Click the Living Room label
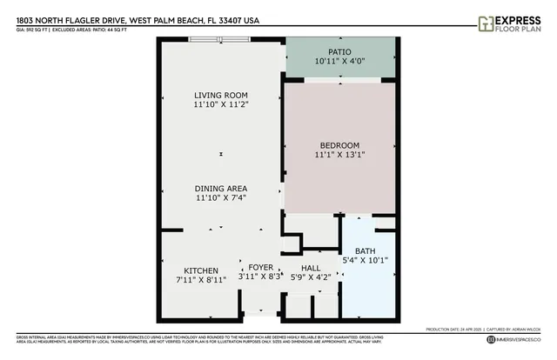click(x=221, y=95)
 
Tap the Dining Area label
click(x=221, y=188)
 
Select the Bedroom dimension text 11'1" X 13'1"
click(x=339, y=155)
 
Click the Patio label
click(x=340, y=50)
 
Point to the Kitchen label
click(x=200, y=270)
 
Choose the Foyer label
click(x=260, y=267)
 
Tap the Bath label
click(x=365, y=251)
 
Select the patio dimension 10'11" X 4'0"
click(x=340, y=61)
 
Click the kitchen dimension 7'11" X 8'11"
click(x=200, y=280)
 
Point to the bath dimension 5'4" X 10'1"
click(x=366, y=260)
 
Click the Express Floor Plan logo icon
click(x=487, y=23)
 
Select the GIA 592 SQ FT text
click(x=37, y=29)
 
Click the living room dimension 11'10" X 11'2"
click(x=221, y=104)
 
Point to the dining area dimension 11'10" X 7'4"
click(x=221, y=197)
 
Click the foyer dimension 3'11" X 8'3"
click(x=261, y=277)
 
